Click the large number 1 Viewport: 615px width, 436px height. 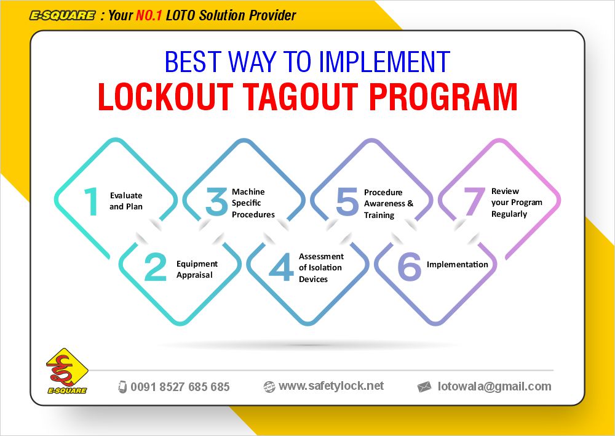(92, 201)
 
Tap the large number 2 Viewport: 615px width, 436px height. (156, 267)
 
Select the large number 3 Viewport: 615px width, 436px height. (216, 201)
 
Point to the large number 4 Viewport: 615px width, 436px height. (281, 267)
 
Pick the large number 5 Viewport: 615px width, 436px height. (347, 201)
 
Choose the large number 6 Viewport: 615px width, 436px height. (410, 267)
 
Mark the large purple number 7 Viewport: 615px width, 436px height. (474, 201)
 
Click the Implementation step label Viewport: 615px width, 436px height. (458, 264)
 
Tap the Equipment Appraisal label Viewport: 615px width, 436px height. (197, 269)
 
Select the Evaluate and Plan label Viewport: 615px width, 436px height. (126, 201)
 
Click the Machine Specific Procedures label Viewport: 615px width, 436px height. (253, 203)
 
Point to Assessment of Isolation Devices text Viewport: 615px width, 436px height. (321, 267)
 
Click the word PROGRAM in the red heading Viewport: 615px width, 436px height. (443, 97)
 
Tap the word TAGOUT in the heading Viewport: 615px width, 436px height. (300, 97)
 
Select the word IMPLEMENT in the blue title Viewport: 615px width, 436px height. (384, 62)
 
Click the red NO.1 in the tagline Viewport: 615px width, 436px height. (149, 15)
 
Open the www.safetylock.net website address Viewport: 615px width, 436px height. (331, 386)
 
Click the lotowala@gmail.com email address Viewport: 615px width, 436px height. (494, 387)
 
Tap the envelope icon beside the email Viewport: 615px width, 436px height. (424, 387)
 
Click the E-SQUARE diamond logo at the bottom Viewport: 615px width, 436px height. (67, 371)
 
